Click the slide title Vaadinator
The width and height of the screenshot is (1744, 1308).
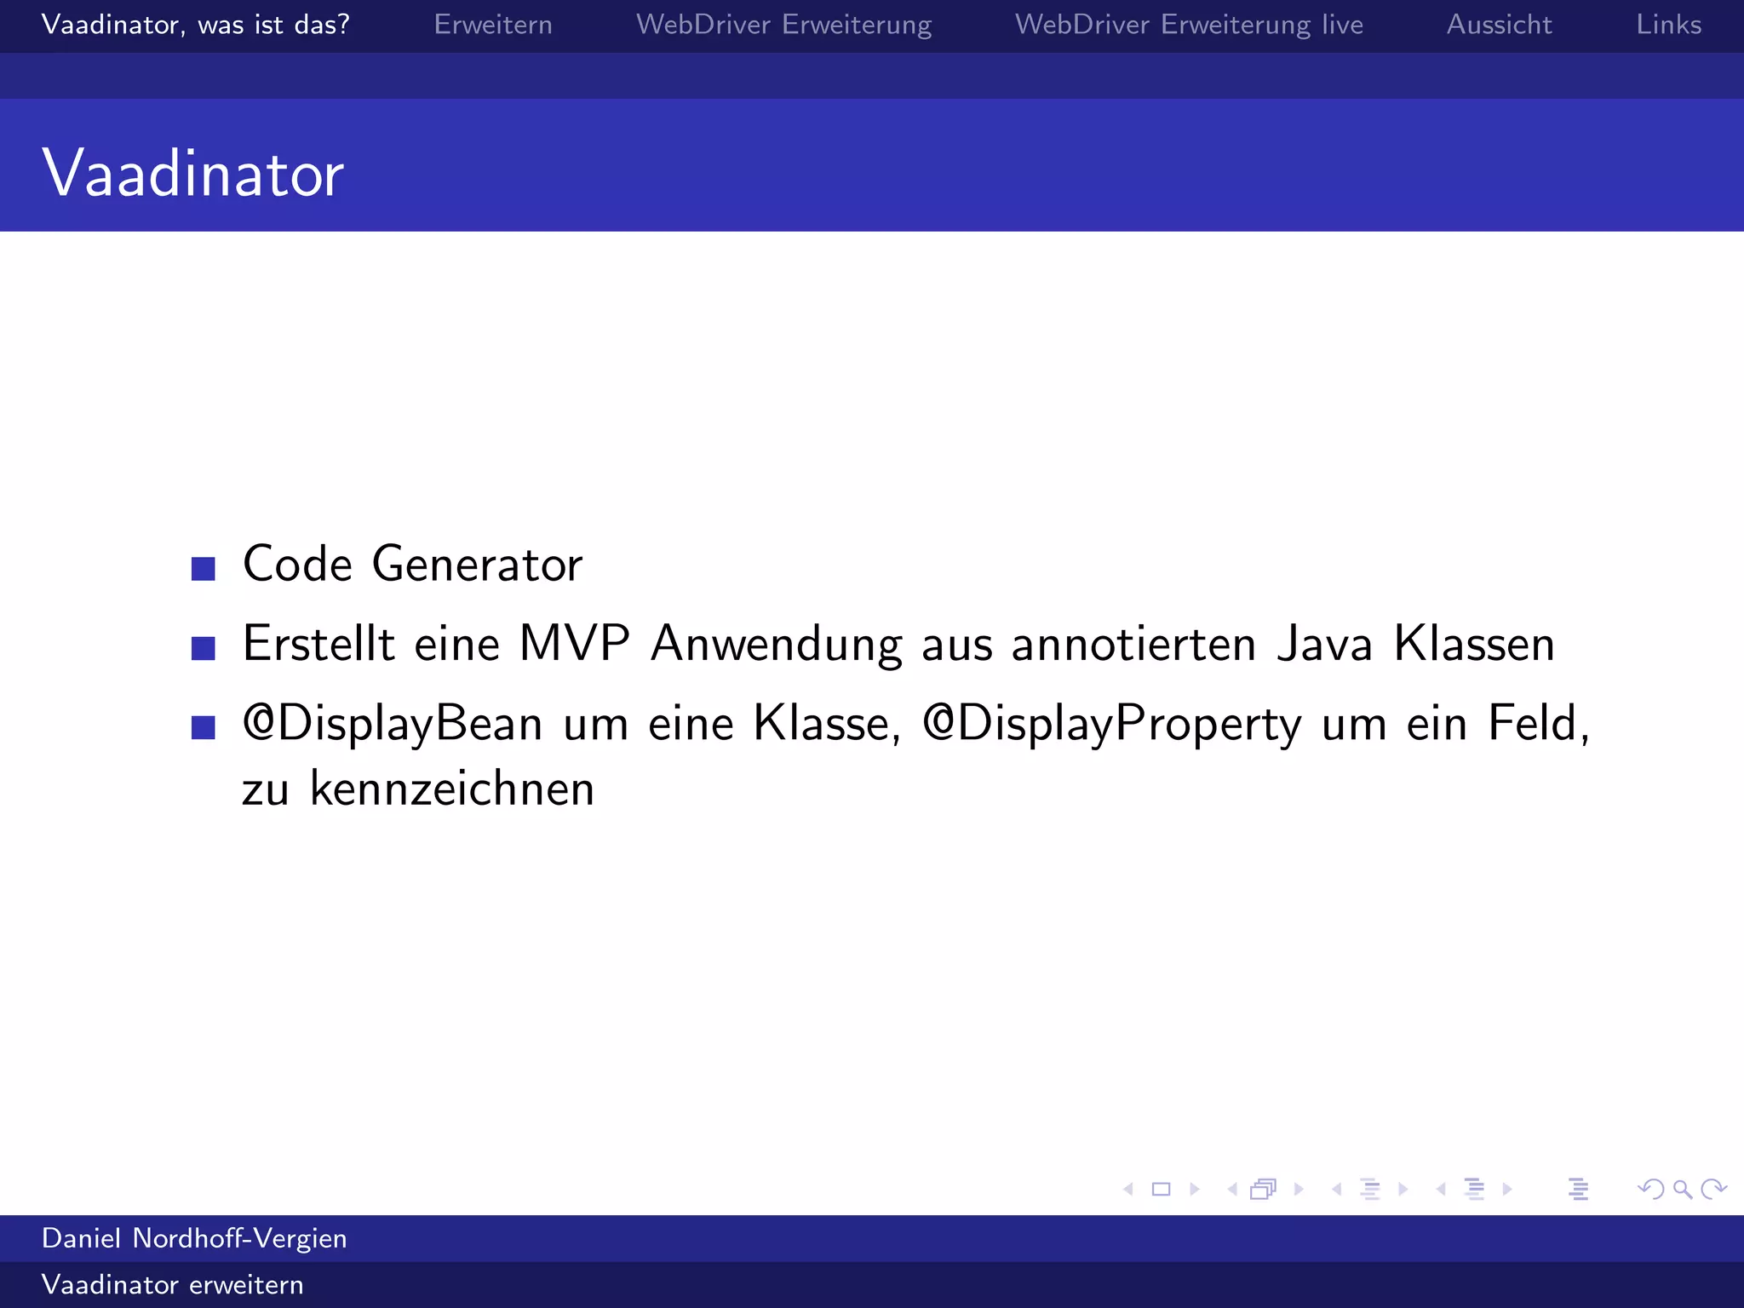192,173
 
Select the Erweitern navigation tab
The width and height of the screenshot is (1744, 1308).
493,25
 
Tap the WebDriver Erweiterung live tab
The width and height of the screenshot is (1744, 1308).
1189,25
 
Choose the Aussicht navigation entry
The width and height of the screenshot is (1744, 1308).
1499,25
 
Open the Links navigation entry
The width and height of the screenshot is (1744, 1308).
1668,25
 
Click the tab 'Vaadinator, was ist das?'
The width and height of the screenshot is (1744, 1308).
195,25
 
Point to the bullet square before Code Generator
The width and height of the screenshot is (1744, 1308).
204,568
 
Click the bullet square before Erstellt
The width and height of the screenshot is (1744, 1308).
204,648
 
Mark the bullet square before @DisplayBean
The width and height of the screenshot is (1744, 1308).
204,727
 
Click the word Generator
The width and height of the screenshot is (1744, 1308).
477,565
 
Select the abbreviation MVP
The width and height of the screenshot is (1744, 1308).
575,644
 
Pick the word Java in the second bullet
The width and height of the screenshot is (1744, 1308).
1325,644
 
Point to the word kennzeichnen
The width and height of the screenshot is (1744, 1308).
451,789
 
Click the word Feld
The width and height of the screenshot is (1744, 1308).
1533,724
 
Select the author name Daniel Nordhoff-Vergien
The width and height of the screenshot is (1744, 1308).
194,1238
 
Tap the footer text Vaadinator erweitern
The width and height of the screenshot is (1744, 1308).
172,1284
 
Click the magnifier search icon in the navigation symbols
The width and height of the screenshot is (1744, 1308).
1682,1189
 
